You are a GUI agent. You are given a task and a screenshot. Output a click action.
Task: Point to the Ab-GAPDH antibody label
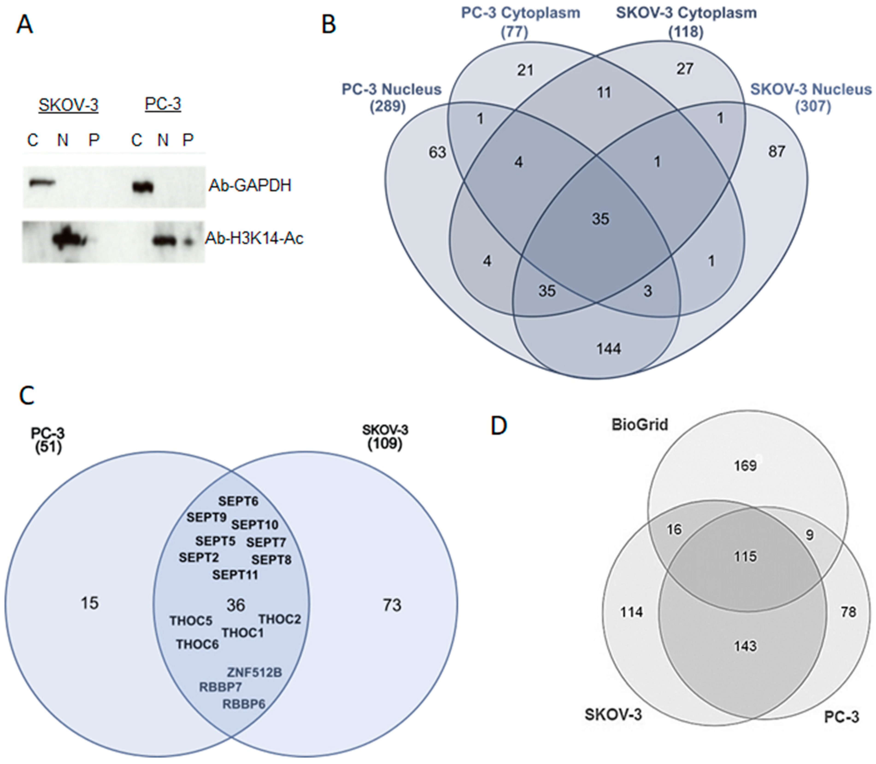click(x=250, y=186)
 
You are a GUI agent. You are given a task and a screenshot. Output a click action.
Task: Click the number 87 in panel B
click(x=776, y=151)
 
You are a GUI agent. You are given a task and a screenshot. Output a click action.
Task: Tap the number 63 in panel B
click(x=438, y=152)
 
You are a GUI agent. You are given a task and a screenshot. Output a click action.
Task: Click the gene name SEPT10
click(x=255, y=525)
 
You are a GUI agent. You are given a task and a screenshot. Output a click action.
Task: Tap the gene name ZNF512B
click(x=254, y=673)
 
